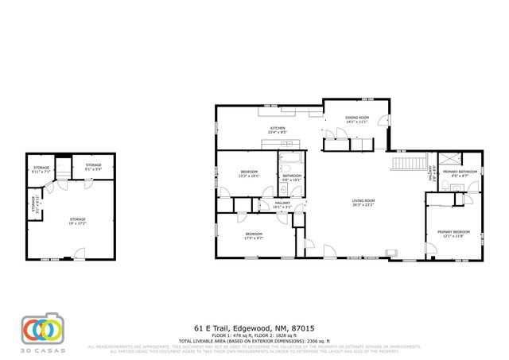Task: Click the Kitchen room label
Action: [x=278, y=130]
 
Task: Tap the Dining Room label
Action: [x=356, y=120]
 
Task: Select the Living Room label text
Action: [x=363, y=203]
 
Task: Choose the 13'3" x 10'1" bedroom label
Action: [x=249, y=173]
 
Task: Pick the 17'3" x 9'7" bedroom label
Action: [x=254, y=235]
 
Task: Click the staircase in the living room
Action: [x=407, y=164]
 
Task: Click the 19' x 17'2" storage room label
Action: [x=77, y=220]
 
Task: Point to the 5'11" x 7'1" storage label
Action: [x=41, y=169]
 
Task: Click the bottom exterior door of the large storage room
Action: [x=79, y=256]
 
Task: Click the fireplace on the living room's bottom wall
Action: [x=390, y=254]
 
